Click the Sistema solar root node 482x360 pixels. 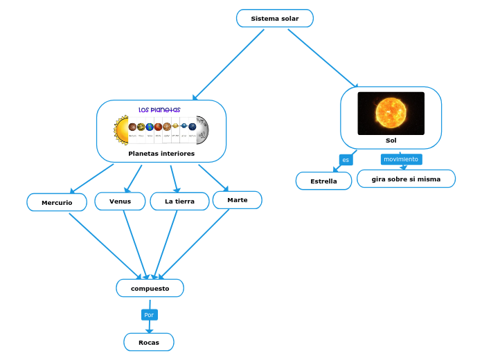274,19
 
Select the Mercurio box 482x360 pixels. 57,202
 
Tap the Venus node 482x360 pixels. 120,201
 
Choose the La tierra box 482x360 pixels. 179,201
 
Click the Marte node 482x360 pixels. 237,200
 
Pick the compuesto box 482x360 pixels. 150,288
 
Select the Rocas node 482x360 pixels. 148,342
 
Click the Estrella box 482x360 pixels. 323,181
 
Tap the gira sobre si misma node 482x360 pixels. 406,179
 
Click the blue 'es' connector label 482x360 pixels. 346,160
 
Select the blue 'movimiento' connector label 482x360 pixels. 401,159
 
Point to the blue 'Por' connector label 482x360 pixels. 149,315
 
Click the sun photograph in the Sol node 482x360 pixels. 391,113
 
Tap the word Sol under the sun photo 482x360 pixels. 391,141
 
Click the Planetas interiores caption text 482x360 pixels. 161,153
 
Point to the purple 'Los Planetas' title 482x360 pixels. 159,109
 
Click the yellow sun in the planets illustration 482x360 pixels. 121,128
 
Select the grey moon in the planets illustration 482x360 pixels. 202,128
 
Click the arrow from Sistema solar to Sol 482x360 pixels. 323,59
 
